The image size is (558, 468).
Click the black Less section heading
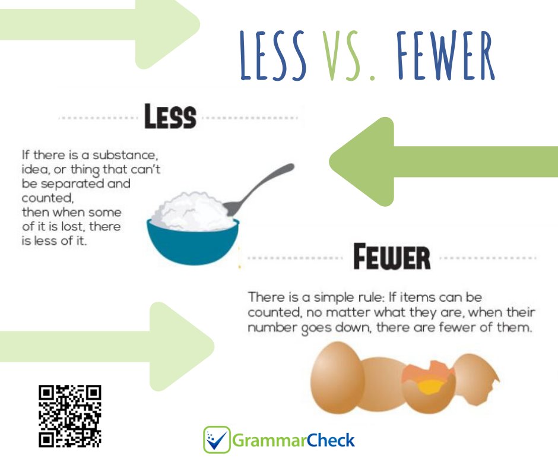[x=170, y=118]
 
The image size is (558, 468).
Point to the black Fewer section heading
[x=391, y=258]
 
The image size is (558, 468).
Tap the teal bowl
[x=193, y=244]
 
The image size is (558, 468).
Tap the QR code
[x=70, y=416]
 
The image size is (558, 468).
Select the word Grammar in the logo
[x=261, y=441]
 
